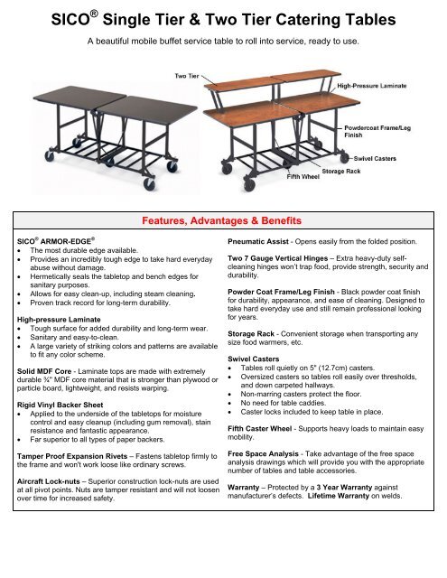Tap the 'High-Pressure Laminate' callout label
371,84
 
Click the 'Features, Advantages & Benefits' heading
223,220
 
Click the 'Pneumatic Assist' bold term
263,242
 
